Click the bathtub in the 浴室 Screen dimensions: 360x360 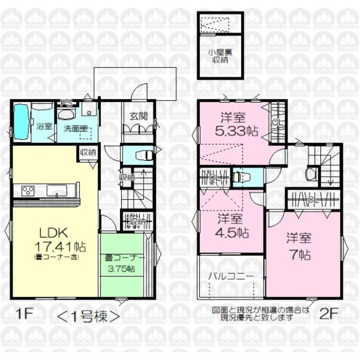[x=21, y=122]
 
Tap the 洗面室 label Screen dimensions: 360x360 [x=69, y=128]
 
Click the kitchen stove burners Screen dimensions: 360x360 [x=28, y=191]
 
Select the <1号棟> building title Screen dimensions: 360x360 [x=89, y=316]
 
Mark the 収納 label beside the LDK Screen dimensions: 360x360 [x=88, y=152]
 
